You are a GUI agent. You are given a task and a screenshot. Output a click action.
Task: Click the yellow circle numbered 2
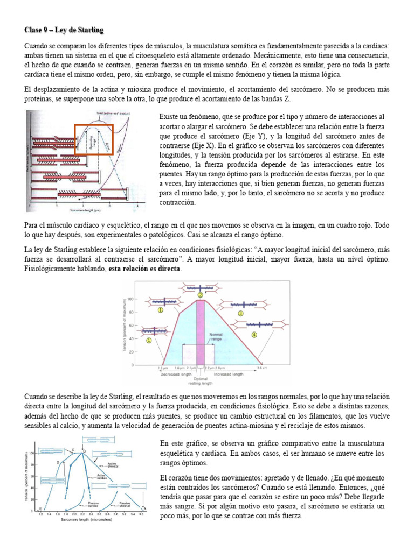point(201,295)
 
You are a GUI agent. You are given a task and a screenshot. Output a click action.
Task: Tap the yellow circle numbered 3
point(241,313)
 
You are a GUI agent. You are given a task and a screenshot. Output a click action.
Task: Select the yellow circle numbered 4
point(254,334)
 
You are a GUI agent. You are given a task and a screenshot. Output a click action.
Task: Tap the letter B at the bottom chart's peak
point(83,450)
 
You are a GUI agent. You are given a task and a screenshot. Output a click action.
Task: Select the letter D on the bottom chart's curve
point(57,462)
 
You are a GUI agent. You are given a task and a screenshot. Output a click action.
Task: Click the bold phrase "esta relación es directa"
point(145,268)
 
